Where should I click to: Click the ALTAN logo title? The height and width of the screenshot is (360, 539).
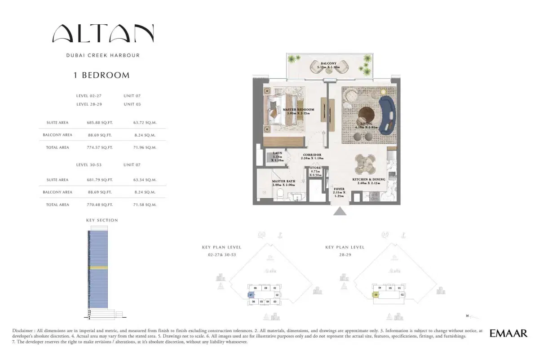coord(103,34)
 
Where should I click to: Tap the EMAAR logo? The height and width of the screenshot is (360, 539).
coord(508,333)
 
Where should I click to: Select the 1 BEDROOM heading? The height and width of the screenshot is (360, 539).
coord(102,76)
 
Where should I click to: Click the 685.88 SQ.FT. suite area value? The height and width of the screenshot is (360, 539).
coord(99,122)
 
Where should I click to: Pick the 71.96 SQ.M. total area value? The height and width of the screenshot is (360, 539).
coord(145,147)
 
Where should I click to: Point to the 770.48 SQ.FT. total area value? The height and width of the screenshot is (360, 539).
coord(99,204)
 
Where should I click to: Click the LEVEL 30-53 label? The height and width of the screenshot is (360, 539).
coord(89,165)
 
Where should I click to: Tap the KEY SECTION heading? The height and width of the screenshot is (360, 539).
coord(102,220)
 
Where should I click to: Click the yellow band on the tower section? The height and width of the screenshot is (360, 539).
coord(99,268)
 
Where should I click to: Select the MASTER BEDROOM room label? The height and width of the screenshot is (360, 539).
coord(298,111)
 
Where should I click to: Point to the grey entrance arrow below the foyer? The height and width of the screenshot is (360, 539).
coord(340,211)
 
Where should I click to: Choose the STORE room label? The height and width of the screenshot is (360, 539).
coord(316,168)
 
